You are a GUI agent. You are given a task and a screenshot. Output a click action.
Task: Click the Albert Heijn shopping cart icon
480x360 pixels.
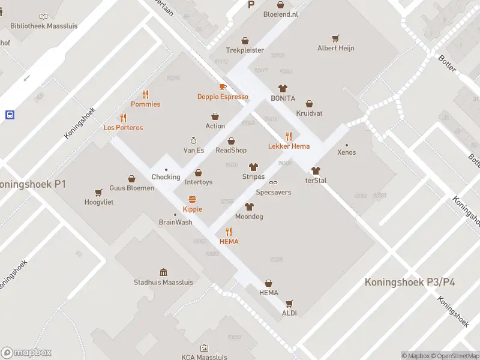(336, 38)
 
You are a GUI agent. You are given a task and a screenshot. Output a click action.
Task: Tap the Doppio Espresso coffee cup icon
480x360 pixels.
(223, 86)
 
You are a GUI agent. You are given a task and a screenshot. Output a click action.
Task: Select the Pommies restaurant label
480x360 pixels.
(145, 104)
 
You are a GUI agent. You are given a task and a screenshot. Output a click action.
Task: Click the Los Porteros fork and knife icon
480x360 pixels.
(123, 118)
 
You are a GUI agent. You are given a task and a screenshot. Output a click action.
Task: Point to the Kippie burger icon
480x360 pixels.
(193, 199)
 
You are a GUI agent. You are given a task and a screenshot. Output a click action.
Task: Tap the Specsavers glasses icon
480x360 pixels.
(273, 182)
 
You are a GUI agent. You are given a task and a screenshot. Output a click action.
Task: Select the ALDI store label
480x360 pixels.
(289, 313)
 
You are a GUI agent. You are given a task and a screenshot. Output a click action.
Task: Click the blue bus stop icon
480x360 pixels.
(10, 115)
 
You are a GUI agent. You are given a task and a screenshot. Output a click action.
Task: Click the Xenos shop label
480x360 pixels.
(346, 152)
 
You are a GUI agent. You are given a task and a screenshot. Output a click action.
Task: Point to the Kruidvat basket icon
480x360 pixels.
(310, 104)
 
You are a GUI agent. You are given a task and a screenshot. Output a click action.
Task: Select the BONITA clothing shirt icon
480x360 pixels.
(283, 88)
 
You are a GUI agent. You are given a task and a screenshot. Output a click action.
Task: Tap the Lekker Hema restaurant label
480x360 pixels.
(289, 146)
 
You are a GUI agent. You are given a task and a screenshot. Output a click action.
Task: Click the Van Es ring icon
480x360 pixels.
(193, 140)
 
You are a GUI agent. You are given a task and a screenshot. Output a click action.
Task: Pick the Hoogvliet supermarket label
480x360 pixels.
(99, 202)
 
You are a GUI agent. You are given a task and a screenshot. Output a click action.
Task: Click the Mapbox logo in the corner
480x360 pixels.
(26, 353)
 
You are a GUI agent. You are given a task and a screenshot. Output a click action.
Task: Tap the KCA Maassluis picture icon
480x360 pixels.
(204, 347)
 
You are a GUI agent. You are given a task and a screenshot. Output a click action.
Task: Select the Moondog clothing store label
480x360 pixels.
(249, 217)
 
